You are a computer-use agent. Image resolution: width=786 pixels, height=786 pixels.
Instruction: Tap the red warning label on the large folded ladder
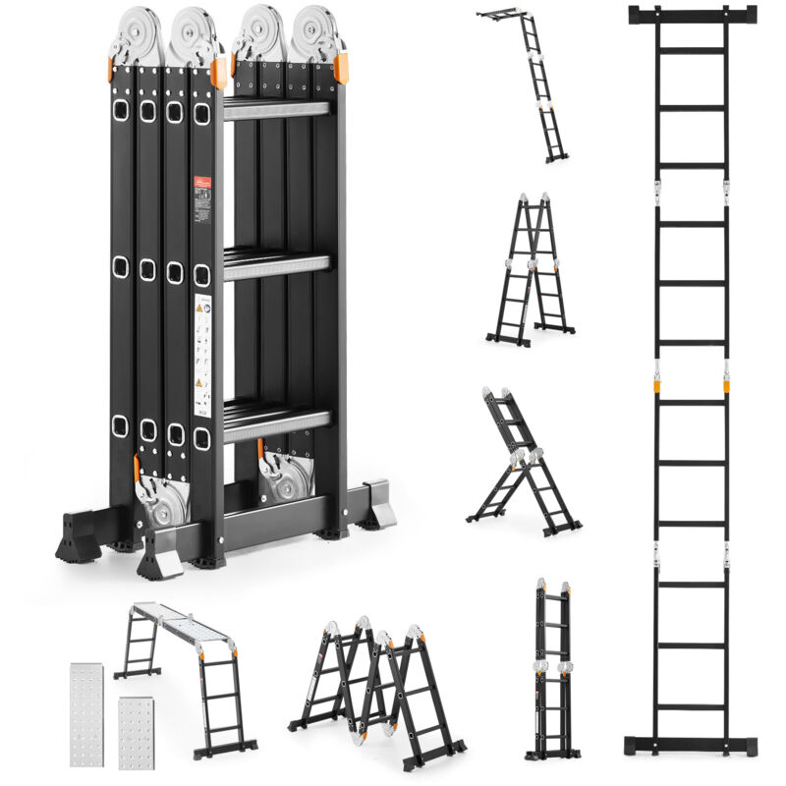pos(201,186)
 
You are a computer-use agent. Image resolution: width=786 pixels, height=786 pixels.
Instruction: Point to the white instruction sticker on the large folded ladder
pos(202,360)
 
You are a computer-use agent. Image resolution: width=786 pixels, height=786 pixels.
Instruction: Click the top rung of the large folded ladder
pos(276,109)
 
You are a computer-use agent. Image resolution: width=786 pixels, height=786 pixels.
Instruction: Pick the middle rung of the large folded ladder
pos(276,266)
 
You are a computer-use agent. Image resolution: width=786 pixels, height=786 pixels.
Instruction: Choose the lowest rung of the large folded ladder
pos(276,418)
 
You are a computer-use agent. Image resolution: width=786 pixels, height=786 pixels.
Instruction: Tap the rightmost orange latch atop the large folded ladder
pos(340,68)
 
